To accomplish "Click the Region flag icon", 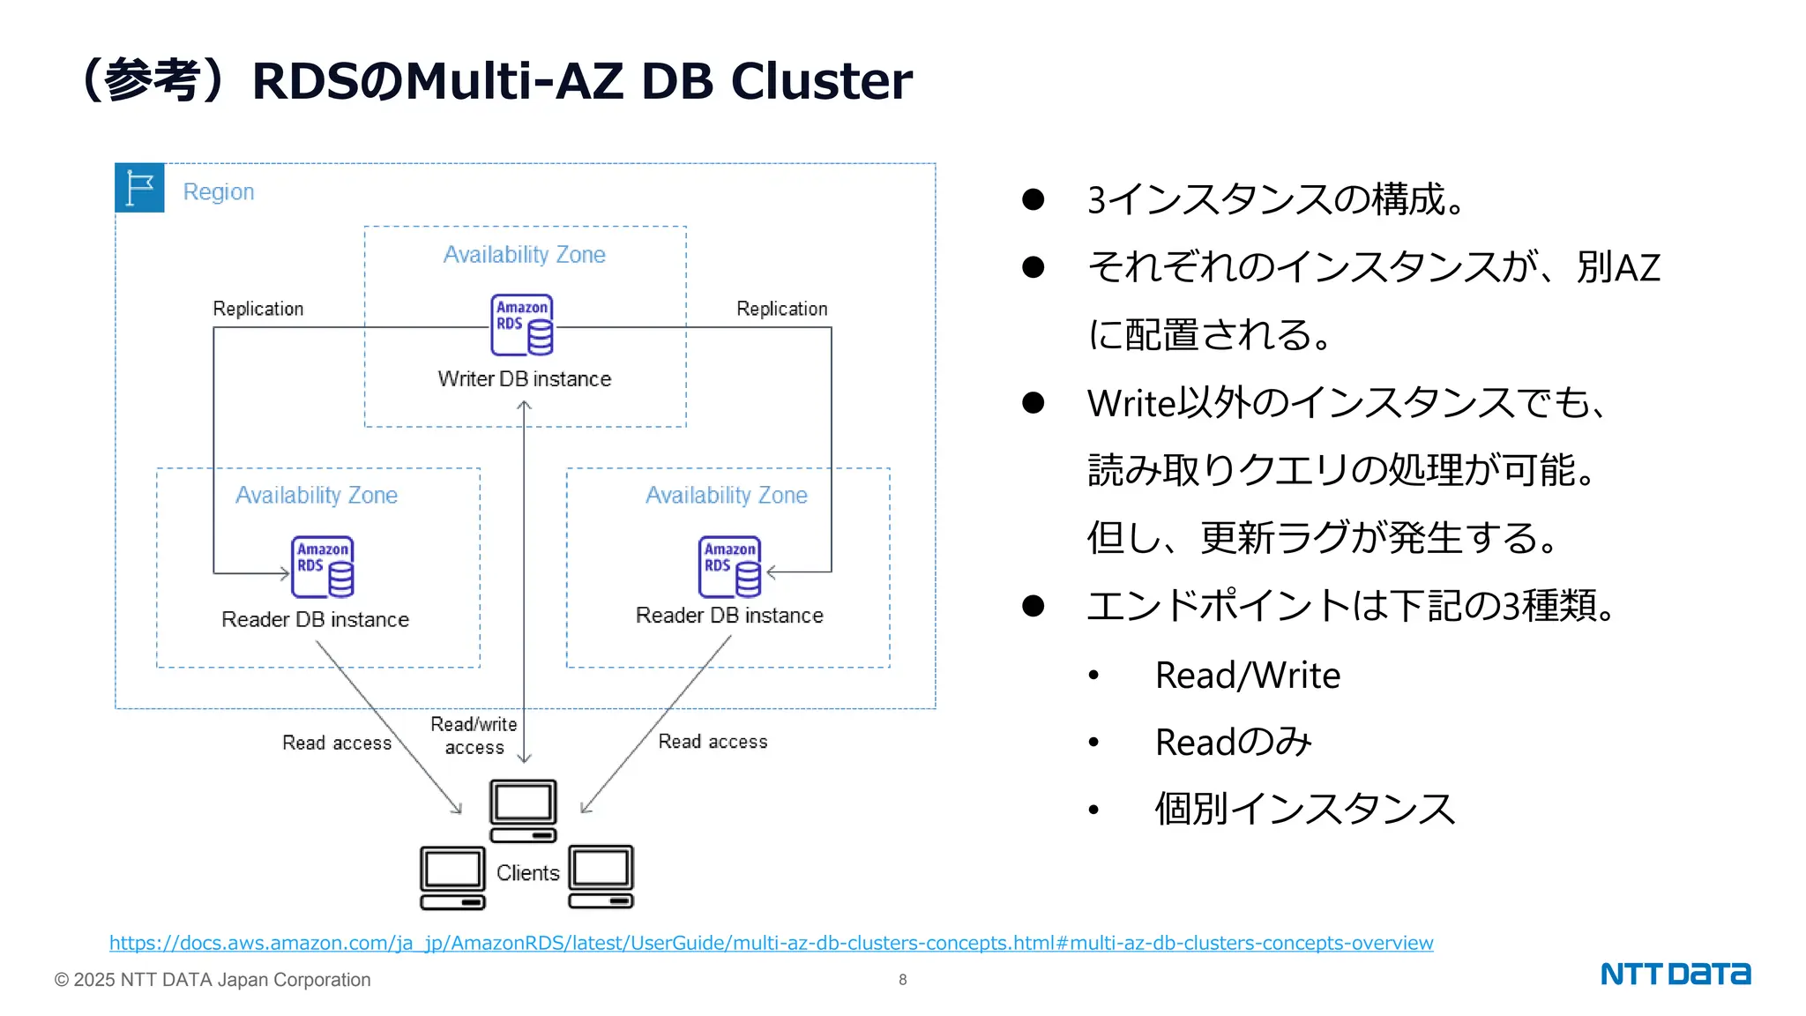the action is click(x=139, y=188).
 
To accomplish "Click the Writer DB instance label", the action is click(x=525, y=379).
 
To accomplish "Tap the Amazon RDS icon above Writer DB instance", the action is click(x=522, y=325).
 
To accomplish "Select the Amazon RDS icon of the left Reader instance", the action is click(x=323, y=567).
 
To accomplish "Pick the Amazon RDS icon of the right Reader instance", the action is click(x=730, y=567).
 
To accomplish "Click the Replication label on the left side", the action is click(x=258, y=309).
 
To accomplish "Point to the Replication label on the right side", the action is click(x=782, y=309).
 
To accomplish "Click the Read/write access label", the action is click(x=474, y=736).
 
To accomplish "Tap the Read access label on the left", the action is click(x=337, y=743).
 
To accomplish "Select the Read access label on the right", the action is click(x=713, y=742).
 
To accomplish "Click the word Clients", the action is click(x=528, y=873).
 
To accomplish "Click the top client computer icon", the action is click(x=524, y=811).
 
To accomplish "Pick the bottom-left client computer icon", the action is click(x=453, y=878).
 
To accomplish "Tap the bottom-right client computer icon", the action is click(x=601, y=877).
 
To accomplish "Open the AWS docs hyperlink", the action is click(x=772, y=943).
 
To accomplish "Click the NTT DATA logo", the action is click(x=1675, y=974).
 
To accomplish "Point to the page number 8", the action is click(x=903, y=980).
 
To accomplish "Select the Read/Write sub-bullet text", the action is click(x=1248, y=676).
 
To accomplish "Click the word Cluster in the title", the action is click(x=822, y=80).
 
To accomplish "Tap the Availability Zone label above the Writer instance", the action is click(x=525, y=255).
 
